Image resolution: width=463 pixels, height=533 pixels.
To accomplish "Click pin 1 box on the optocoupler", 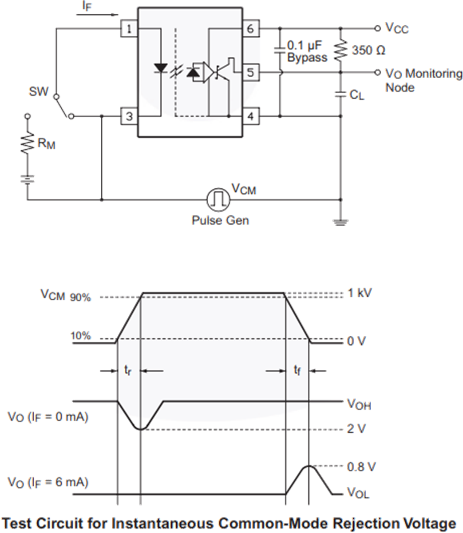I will coord(129,29).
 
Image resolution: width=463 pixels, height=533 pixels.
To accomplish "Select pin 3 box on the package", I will coord(129,117).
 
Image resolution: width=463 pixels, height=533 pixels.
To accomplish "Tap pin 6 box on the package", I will coord(250,29).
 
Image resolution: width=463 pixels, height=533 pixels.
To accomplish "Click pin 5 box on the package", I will coord(250,72).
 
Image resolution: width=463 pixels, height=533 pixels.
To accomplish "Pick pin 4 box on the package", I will coord(250,117).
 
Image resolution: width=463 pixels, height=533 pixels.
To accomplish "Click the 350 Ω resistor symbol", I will coord(340,50).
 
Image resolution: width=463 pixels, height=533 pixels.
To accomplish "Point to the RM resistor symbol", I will coord(28,142).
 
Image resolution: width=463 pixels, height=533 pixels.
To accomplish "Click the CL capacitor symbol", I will coord(340,94).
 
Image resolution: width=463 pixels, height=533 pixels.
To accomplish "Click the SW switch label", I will coord(38,91).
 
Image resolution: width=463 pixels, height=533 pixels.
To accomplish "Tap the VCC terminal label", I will coord(396,28).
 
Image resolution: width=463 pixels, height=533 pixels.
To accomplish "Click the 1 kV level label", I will coord(360,293).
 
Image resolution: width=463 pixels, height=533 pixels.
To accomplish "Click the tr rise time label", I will coord(127,371).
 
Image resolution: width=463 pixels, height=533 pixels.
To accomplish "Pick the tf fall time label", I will coord(297,370).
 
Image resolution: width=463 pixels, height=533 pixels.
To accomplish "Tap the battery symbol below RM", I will coord(28,179).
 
